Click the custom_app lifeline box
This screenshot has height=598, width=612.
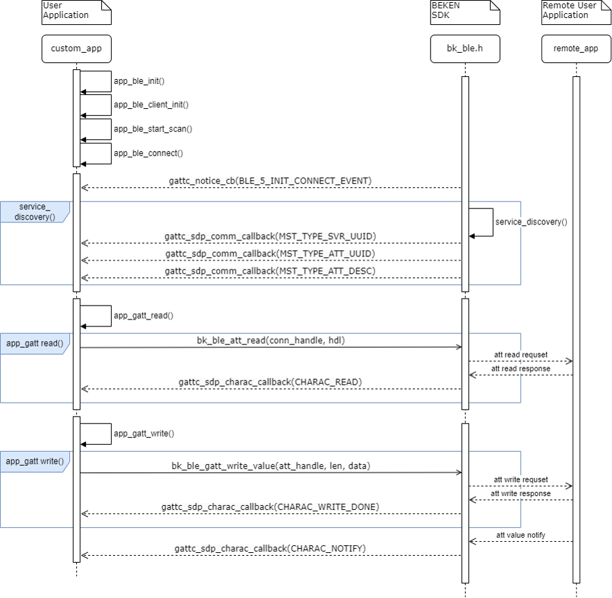[x=76, y=49]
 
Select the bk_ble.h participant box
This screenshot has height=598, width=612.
[x=464, y=49]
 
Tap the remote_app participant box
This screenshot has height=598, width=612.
[x=576, y=49]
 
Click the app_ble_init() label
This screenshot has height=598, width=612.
[x=139, y=81]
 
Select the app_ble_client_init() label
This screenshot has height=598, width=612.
[x=151, y=105]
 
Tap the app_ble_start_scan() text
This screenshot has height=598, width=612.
[x=152, y=129]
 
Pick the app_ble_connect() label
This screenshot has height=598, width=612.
[x=148, y=153]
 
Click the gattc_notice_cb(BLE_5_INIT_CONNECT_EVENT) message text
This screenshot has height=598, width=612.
[x=270, y=181]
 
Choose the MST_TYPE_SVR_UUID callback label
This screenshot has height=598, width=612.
[x=270, y=236]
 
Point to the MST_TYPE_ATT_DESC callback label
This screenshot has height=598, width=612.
[x=270, y=271]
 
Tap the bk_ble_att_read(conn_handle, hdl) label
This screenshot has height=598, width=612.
[x=270, y=340]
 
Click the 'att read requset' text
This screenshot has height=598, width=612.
[x=521, y=355]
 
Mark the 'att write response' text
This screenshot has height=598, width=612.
[x=521, y=493]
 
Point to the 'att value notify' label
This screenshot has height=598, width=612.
[x=521, y=534]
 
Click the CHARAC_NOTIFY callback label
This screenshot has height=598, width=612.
[x=270, y=549]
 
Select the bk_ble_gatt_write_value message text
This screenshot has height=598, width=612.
[x=270, y=466]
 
